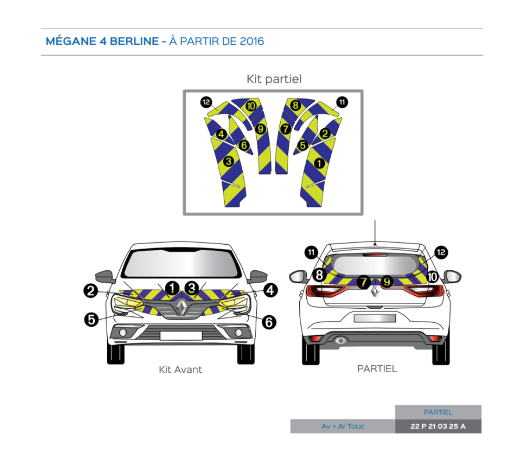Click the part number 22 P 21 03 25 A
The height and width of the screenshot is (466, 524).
click(x=438, y=426)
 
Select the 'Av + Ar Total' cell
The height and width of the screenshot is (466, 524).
click(x=342, y=426)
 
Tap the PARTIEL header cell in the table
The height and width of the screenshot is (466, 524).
click(x=438, y=412)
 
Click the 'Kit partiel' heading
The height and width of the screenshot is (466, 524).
click(x=274, y=79)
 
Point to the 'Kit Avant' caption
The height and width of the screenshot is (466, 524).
click(x=180, y=369)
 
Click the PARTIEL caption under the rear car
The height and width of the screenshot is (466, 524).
click(x=377, y=369)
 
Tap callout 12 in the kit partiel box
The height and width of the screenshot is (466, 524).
click(x=206, y=102)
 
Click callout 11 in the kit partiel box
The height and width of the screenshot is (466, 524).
click(x=342, y=102)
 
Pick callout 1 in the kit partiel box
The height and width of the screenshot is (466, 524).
click(x=319, y=163)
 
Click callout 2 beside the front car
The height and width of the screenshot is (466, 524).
click(x=90, y=290)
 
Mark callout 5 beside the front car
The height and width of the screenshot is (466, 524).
click(x=91, y=319)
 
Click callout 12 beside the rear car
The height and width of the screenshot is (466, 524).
click(x=441, y=252)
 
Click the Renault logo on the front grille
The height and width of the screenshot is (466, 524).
click(x=182, y=307)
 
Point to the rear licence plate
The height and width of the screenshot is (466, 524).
click(x=374, y=318)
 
